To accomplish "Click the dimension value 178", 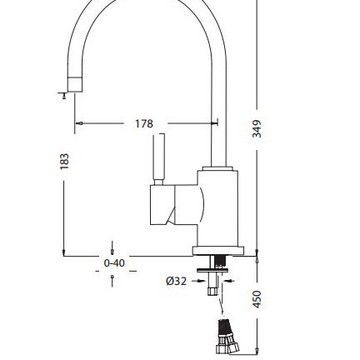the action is [144, 124].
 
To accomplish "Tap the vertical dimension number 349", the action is [257, 129].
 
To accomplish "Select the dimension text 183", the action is [64, 161].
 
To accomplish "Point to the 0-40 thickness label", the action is [114, 263].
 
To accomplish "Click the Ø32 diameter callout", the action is [176, 281].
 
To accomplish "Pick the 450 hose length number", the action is [257, 299].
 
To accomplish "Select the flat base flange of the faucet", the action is [218, 251].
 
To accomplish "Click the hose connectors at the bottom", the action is [227, 337].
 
